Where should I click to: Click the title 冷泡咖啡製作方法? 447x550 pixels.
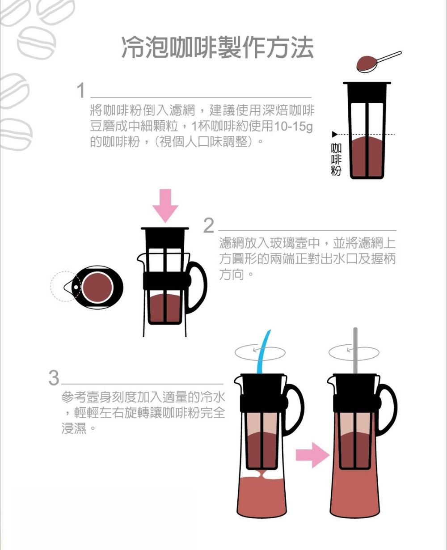tap(218, 47)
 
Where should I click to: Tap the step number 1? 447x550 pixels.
tap(81, 90)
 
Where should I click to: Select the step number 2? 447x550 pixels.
tap(209, 225)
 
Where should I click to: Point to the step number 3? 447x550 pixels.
tap(54, 378)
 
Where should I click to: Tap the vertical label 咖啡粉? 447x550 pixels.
tap(336, 159)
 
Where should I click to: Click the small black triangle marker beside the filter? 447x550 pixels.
tap(334, 134)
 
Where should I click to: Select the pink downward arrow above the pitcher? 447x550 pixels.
tap(165, 206)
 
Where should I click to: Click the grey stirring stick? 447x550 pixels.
tap(355, 351)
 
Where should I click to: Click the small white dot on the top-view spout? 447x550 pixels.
tap(76, 287)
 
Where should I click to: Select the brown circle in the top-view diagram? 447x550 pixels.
tap(97, 287)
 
